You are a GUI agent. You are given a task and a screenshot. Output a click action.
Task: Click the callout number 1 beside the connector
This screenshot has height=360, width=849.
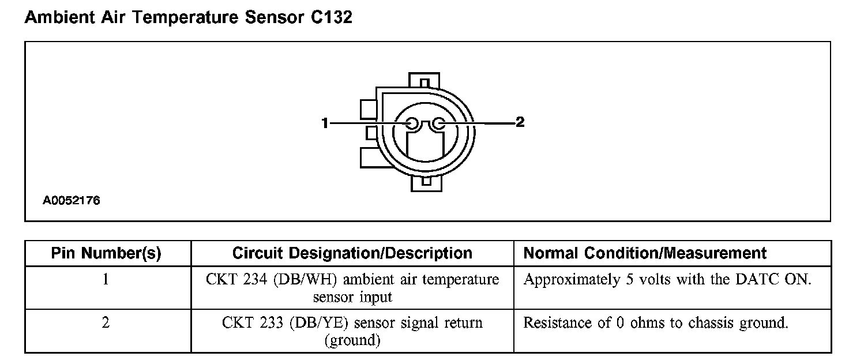coord(325,123)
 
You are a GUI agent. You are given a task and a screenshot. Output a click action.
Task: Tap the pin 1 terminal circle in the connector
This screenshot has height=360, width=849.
coord(412,123)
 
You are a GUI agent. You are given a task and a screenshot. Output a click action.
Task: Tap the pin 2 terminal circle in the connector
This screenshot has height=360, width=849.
coord(439,123)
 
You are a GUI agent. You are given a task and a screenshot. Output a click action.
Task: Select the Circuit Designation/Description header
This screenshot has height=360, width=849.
coord(352,253)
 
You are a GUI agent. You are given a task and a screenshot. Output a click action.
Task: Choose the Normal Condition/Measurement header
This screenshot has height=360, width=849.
coord(645,253)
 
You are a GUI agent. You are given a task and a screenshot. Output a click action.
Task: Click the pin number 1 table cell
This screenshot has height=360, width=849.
coord(106,280)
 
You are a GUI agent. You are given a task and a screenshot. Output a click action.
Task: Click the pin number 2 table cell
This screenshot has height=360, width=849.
coord(106,322)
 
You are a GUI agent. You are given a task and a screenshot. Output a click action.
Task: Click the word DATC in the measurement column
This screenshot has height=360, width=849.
coord(752,280)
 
